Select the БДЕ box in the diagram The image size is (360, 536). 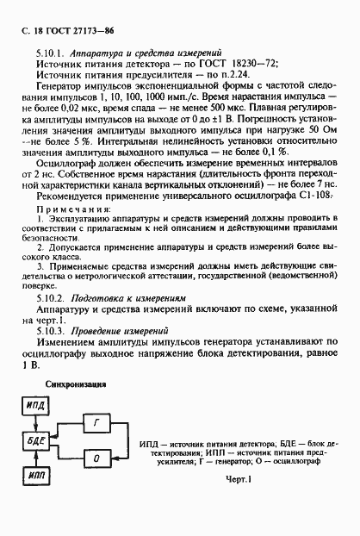pos(36,440)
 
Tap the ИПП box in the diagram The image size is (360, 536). pos(36,475)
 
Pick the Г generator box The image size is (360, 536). pos(97,421)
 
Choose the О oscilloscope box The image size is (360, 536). pos(97,457)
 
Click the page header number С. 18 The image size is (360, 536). pos(33,29)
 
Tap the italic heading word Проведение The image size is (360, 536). pos(98,331)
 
